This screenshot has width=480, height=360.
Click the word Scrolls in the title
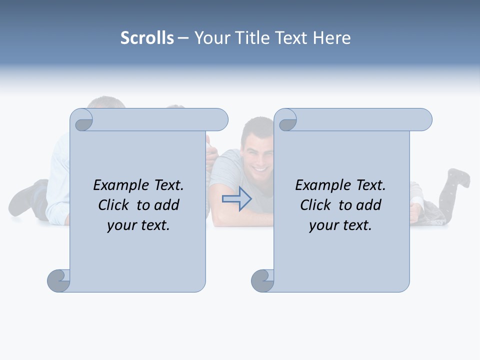[147, 38]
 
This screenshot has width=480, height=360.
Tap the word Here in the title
[332, 38]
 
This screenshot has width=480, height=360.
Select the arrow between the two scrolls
[237, 199]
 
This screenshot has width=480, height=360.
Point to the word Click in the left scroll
[114, 205]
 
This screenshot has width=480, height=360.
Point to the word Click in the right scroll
[316, 205]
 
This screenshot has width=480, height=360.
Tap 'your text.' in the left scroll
[138, 225]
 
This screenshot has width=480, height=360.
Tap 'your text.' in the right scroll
[340, 225]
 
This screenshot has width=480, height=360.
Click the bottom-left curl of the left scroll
[59, 280]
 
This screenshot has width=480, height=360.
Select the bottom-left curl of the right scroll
[262, 280]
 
